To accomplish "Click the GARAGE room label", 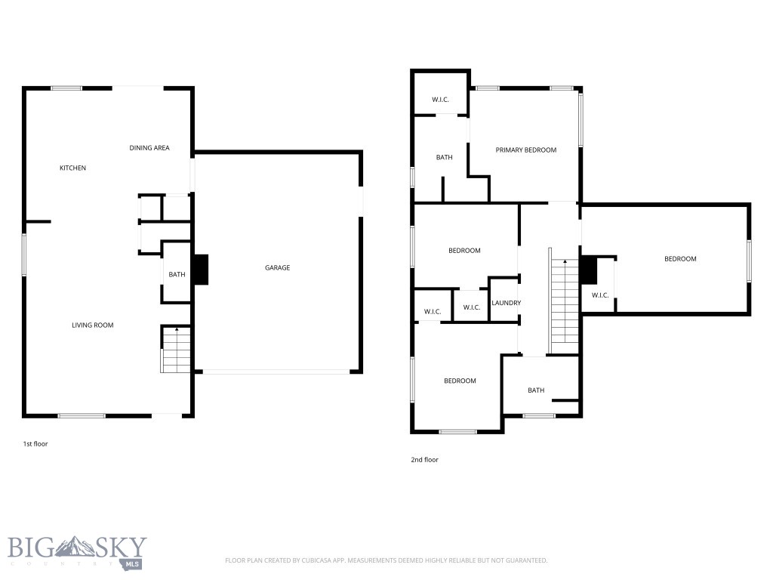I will (x=277, y=268).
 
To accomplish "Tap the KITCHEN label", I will (x=72, y=168).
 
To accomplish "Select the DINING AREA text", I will (x=149, y=148).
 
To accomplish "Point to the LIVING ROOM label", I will (x=92, y=325).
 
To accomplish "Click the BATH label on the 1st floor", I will (x=177, y=275).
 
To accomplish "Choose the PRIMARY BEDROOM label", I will (x=525, y=150).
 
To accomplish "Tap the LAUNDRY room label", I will (x=506, y=304).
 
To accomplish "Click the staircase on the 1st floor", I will (x=175, y=350).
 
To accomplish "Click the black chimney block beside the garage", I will (x=200, y=270).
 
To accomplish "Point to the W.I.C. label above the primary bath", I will (x=441, y=100).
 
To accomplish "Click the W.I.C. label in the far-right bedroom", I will (x=599, y=295).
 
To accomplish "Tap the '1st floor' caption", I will (x=35, y=444).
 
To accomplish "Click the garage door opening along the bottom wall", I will (x=276, y=372).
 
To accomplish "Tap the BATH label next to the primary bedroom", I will (x=444, y=158).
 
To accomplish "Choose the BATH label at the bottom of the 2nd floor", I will (x=536, y=390).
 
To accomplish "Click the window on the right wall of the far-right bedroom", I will (x=749, y=261).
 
